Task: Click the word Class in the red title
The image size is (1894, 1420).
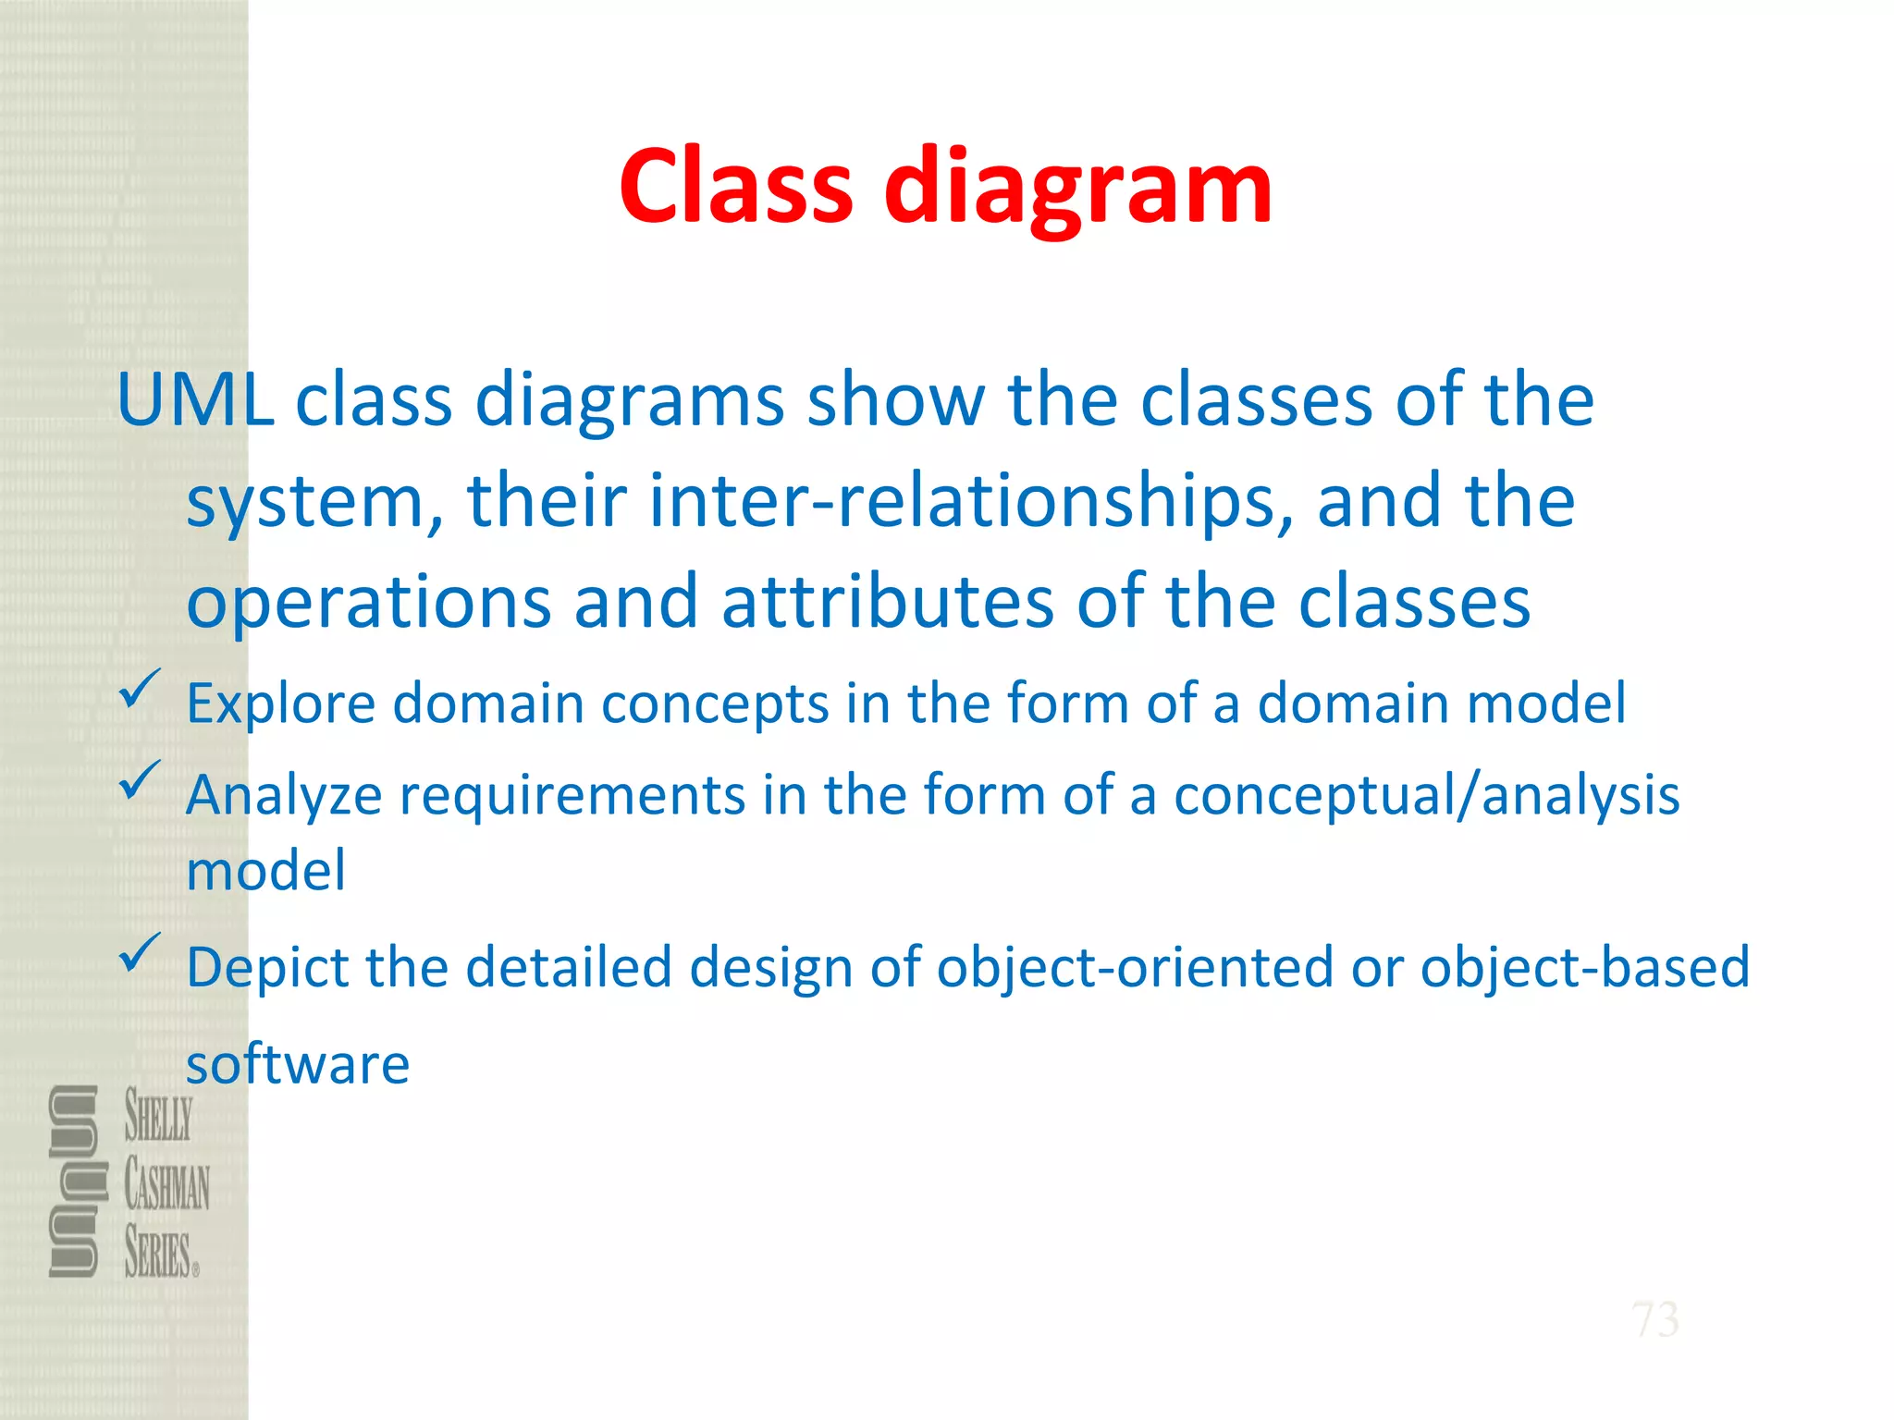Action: (735, 188)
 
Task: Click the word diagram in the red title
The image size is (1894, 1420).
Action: (1078, 190)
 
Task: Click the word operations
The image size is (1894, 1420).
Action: (368, 602)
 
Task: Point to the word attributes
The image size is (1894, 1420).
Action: (887, 602)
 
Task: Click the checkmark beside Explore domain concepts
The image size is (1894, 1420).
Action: (140, 690)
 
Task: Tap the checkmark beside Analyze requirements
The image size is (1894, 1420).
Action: (140, 780)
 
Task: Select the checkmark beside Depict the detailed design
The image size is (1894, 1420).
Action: (140, 952)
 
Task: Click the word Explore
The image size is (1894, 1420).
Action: (280, 704)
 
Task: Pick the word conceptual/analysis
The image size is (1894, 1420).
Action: (1426, 795)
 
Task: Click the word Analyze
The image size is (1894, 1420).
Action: (283, 796)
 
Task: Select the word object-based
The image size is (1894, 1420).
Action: (1584, 967)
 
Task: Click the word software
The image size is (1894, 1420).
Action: (298, 1064)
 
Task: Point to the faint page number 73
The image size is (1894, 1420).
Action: (1654, 1319)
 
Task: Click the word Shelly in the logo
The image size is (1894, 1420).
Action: (159, 1116)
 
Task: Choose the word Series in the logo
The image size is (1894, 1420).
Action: (159, 1253)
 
